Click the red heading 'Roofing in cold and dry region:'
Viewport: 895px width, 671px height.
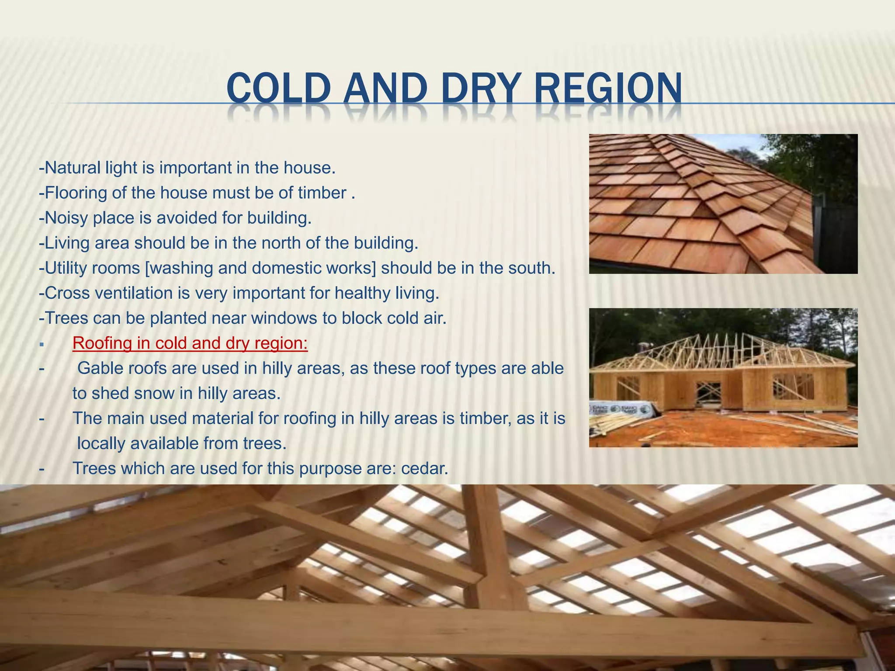pos(190,343)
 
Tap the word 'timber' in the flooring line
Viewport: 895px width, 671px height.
pos(322,193)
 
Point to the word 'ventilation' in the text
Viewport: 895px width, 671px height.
pos(134,293)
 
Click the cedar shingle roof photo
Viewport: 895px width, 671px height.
pos(723,204)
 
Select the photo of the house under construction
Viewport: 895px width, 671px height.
pos(723,377)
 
